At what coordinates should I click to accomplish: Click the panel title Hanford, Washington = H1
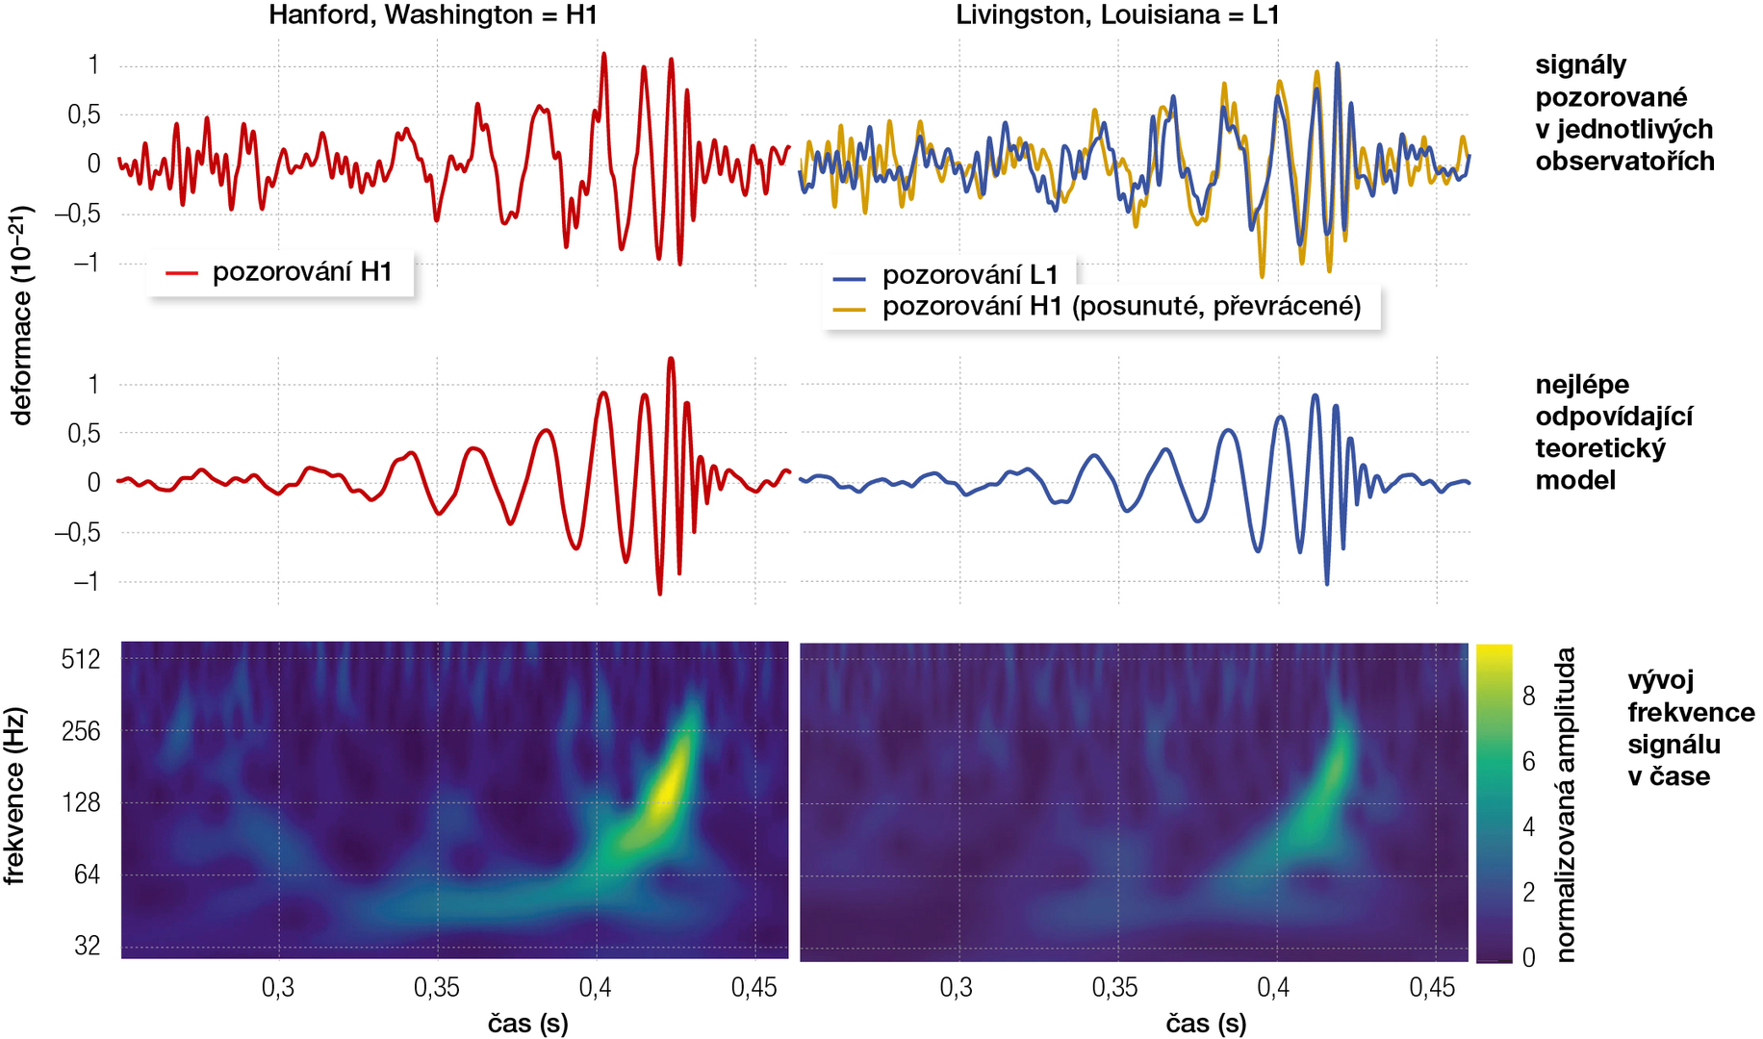(x=433, y=15)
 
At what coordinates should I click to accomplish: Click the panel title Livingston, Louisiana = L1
(x=1116, y=15)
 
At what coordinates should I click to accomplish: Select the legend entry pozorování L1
(x=969, y=276)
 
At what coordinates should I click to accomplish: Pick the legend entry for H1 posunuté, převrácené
(x=1121, y=307)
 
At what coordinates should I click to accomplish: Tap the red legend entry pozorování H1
(x=301, y=272)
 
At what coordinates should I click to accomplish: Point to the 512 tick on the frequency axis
(x=81, y=660)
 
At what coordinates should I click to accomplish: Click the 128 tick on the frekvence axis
(x=81, y=802)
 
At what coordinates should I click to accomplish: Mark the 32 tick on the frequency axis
(x=87, y=946)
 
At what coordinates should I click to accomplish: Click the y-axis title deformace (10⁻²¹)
(x=21, y=316)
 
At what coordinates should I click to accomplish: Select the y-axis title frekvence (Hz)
(x=13, y=797)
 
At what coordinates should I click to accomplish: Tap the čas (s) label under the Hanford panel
(x=527, y=1024)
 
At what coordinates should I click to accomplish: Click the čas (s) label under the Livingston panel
(x=1206, y=1024)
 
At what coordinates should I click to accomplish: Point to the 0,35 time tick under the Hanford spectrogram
(x=437, y=988)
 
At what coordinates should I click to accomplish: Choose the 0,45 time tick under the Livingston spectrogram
(x=1432, y=988)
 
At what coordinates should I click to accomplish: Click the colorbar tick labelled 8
(x=1528, y=697)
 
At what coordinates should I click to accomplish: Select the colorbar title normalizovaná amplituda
(x=1567, y=804)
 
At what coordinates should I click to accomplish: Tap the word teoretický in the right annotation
(x=1599, y=449)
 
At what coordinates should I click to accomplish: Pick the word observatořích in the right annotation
(x=1624, y=162)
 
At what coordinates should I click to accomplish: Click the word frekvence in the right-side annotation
(x=1691, y=713)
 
